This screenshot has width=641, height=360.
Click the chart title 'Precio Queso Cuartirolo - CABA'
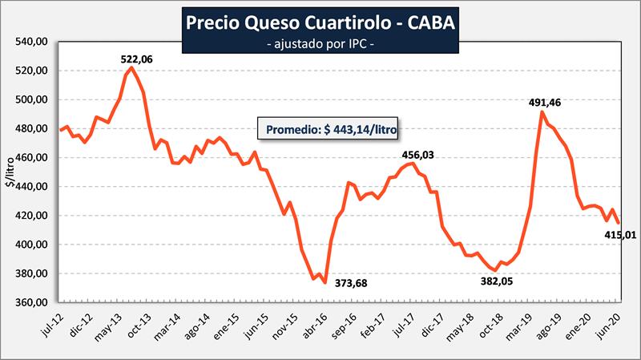click(320, 22)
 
